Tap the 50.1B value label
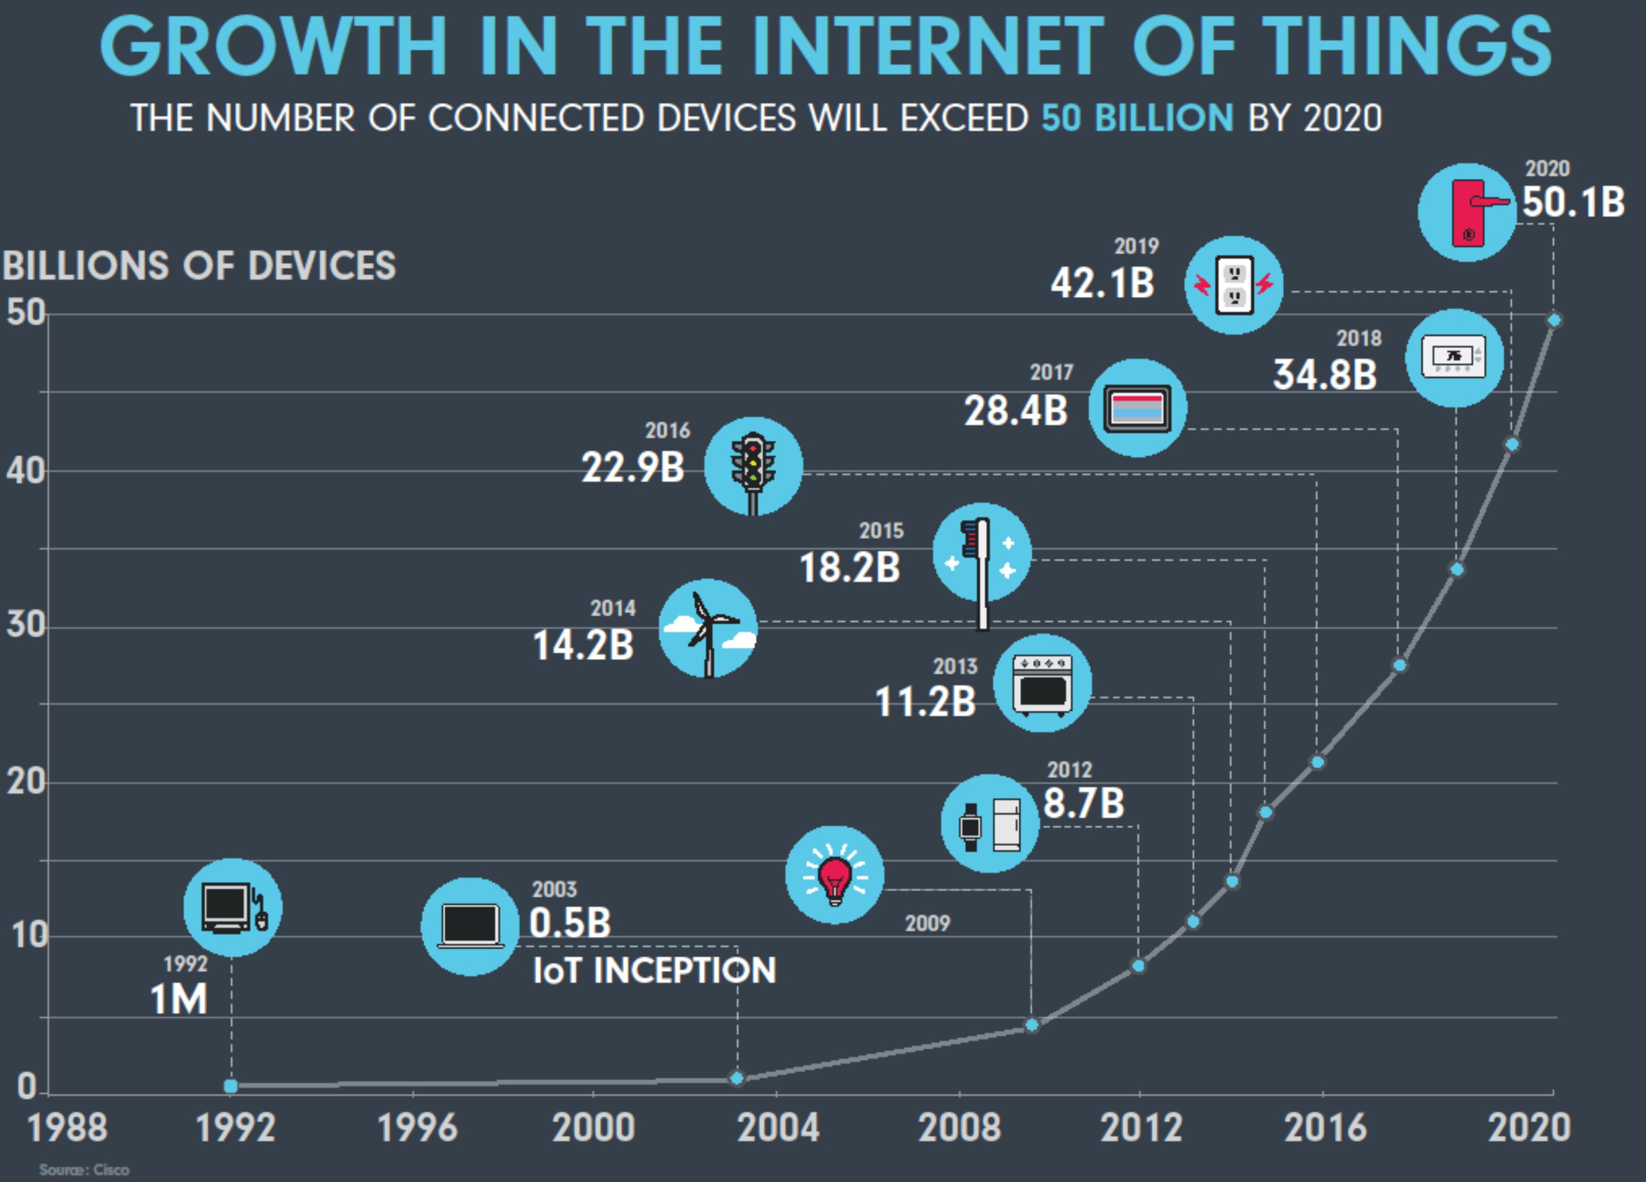(1573, 203)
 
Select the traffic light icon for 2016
(753, 466)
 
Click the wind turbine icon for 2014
(708, 629)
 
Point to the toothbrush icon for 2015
(981, 554)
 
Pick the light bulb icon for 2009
(835, 875)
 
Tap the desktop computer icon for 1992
(232, 907)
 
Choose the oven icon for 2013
(1042, 683)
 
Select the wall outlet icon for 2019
(1234, 285)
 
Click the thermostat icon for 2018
(1454, 358)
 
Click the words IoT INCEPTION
(654, 971)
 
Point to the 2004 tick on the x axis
(777, 1127)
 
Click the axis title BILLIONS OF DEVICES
(200, 266)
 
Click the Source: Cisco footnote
(84, 1169)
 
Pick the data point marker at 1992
(231, 1086)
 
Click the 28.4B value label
(1015, 411)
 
